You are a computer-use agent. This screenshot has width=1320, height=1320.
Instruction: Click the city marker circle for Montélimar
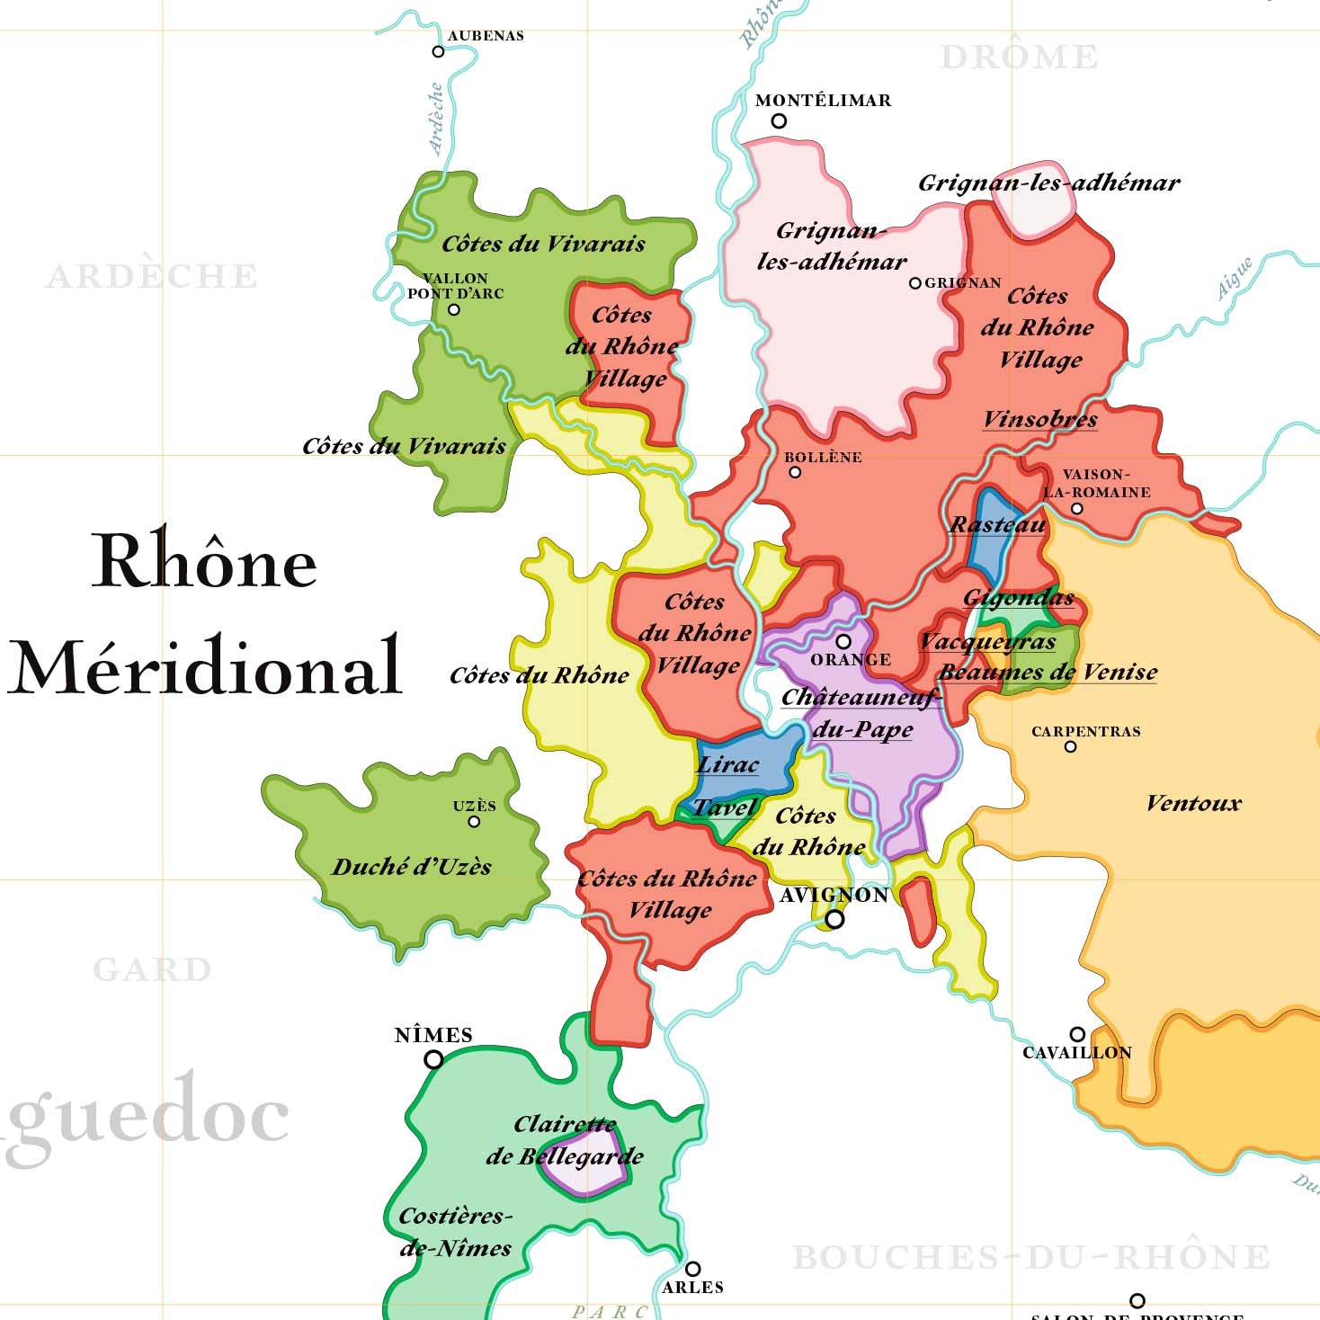(x=779, y=120)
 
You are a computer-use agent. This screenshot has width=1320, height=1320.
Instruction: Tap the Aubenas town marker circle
(x=438, y=51)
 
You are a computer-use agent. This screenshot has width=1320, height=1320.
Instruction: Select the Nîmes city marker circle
(x=433, y=1059)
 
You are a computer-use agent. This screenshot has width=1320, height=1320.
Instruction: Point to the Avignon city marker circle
(x=835, y=919)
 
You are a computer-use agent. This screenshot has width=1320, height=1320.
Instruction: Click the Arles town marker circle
(x=692, y=1269)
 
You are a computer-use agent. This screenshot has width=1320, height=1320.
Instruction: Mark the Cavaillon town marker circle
(x=1077, y=1034)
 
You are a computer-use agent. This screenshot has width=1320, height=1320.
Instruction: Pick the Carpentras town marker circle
(x=1070, y=746)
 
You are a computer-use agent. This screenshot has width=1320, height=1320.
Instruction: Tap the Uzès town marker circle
(x=474, y=821)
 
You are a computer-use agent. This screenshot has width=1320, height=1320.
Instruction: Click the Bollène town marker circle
(x=794, y=472)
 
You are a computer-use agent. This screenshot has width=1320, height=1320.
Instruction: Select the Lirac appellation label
(x=727, y=764)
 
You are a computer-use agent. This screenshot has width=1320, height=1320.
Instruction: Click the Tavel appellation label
(x=725, y=807)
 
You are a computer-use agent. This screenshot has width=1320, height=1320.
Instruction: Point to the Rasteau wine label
(x=998, y=524)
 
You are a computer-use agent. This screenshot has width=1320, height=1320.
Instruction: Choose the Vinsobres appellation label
(x=1039, y=419)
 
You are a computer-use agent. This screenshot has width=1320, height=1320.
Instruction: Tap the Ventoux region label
(x=1192, y=803)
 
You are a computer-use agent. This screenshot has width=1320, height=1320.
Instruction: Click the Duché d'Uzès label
(x=412, y=867)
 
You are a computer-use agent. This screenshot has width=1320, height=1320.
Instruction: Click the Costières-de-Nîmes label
(x=455, y=1232)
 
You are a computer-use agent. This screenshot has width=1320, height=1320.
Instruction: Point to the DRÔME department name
(x=1018, y=57)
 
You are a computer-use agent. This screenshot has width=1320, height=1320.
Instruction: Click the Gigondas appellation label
(x=1018, y=598)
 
